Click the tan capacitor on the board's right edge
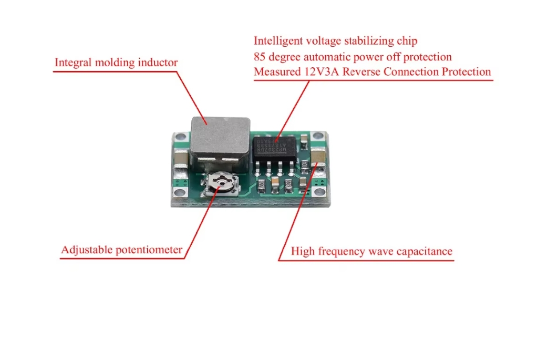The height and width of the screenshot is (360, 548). point(318,158)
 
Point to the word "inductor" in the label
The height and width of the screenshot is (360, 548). point(158,63)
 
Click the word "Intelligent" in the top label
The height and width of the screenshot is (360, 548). point(278,40)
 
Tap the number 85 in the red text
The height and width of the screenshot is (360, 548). point(260,57)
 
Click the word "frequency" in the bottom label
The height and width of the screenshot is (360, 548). point(344,251)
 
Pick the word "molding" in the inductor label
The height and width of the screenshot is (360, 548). point(115,63)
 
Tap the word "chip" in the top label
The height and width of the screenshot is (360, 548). point(407,40)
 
